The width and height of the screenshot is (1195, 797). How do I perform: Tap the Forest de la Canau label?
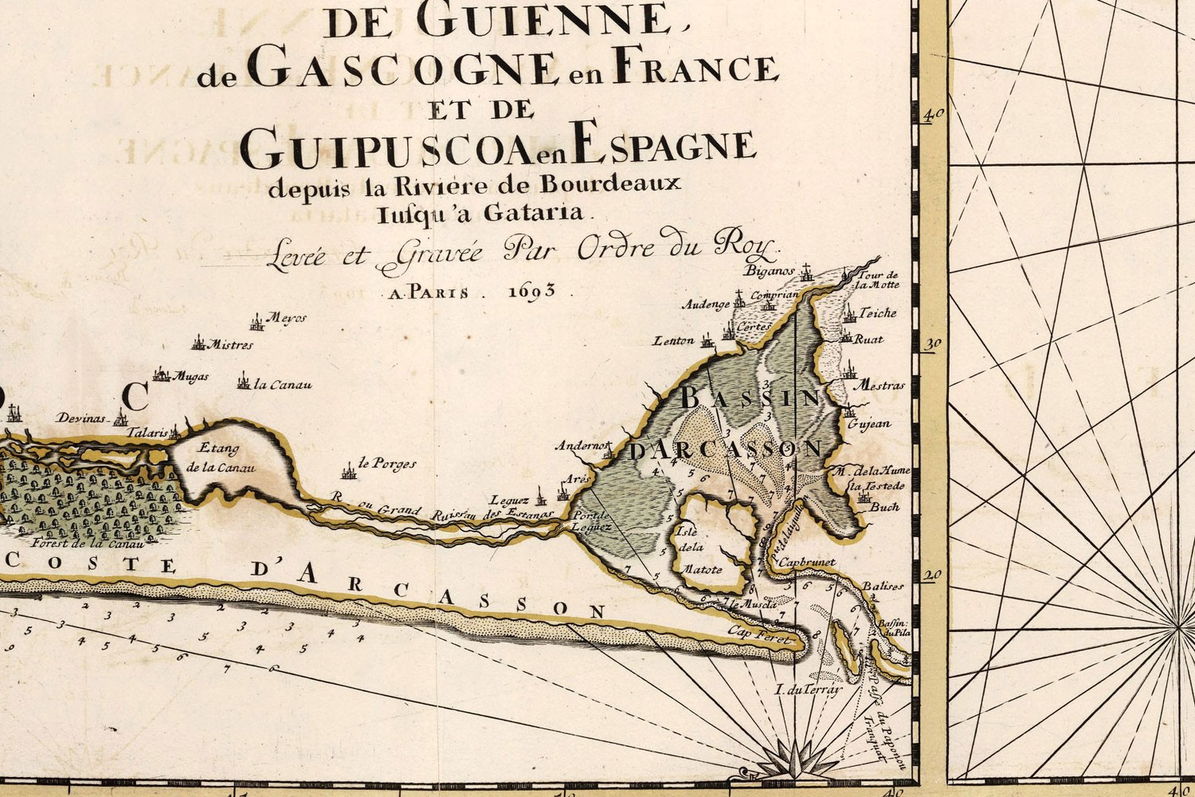(87, 544)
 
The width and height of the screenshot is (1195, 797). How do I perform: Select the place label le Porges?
(387, 464)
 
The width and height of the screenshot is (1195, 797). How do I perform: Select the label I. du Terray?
(808, 690)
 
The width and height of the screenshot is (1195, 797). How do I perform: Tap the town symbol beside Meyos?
(257, 324)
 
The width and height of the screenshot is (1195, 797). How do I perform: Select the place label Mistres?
(229, 345)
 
